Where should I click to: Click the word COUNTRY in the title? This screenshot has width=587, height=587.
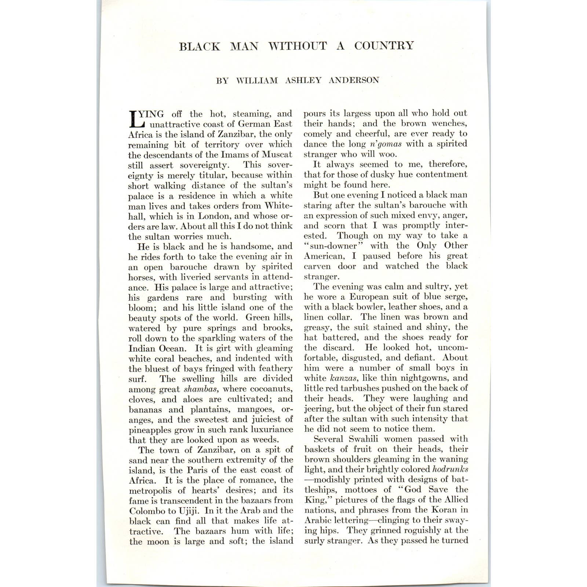[384, 46]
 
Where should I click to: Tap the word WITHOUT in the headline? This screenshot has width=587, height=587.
[297, 46]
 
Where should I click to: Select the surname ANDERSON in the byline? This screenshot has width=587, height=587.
[354, 80]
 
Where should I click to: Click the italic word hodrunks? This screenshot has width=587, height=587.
[450, 469]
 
